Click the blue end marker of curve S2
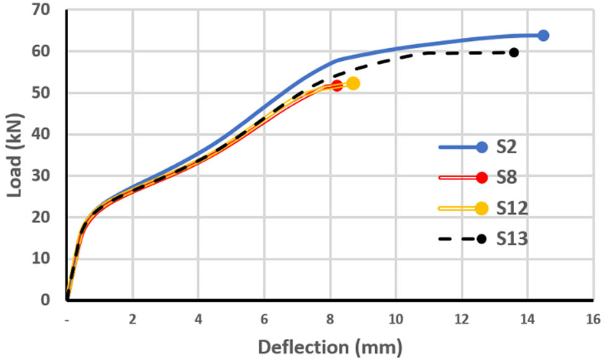click(543, 35)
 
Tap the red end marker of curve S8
click(336, 86)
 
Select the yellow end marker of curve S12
click(353, 84)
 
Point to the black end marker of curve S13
click(514, 52)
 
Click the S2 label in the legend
click(509, 147)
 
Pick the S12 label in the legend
click(512, 208)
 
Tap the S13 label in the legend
click(512, 239)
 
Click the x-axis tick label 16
click(593, 319)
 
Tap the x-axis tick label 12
click(462, 319)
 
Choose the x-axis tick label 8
click(330, 319)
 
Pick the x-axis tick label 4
click(198, 319)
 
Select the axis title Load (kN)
click(14, 155)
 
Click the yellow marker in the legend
click(481, 208)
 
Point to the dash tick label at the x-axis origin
click(67, 319)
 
